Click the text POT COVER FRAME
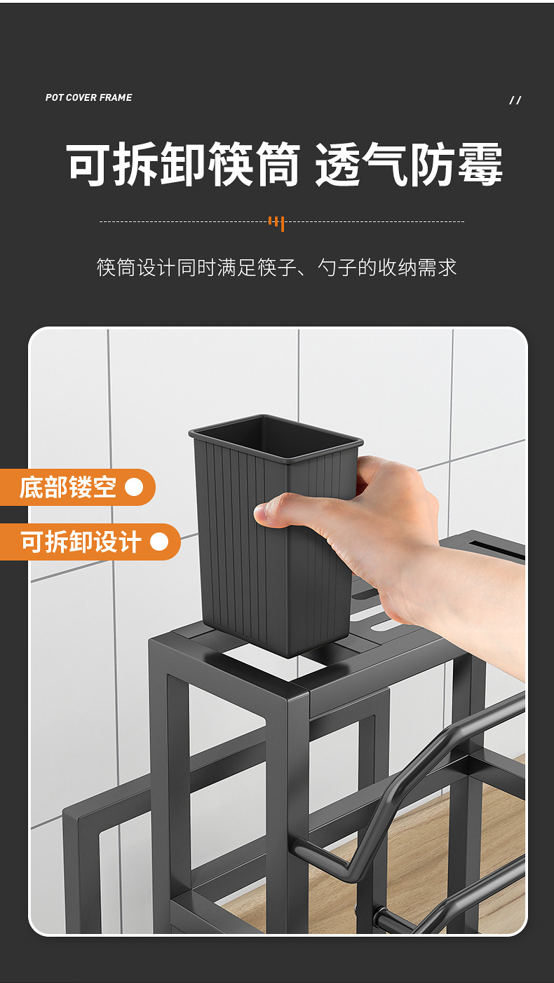(88, 97)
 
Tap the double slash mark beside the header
(515, 100)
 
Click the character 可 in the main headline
(89, 165)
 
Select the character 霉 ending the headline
(480, 165)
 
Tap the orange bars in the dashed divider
(276, 223)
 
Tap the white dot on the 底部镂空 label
(134, 487)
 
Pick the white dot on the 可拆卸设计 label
(159, 542)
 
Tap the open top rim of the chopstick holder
(276, 430)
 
